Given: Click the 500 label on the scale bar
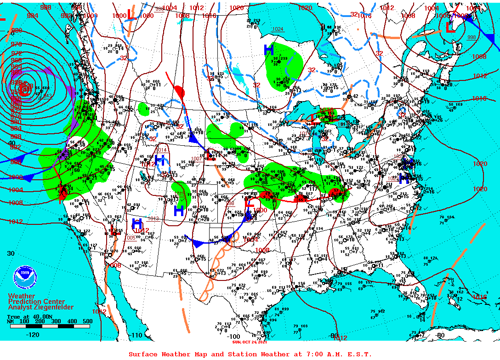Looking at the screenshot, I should [87, 321].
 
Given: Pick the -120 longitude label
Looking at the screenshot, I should [33, 335].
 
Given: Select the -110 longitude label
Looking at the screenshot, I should [136, 335].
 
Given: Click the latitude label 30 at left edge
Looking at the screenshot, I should [11, 253].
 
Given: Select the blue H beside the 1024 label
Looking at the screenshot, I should [269, 48].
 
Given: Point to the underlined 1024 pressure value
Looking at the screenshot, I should [278, 29].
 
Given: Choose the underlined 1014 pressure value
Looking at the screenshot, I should [161, 150].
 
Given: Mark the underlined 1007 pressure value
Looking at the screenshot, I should [196, 159].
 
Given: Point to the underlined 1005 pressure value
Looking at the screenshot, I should [130, 238].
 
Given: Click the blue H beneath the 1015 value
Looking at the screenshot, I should [179, 210].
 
